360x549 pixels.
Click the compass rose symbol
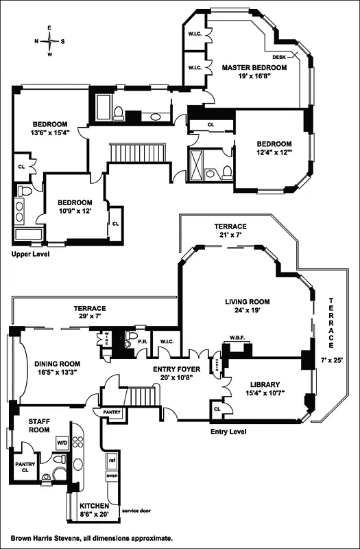50,40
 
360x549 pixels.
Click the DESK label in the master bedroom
280,57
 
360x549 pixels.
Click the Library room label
258,385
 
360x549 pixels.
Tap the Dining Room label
51,364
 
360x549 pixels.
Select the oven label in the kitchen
111,475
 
